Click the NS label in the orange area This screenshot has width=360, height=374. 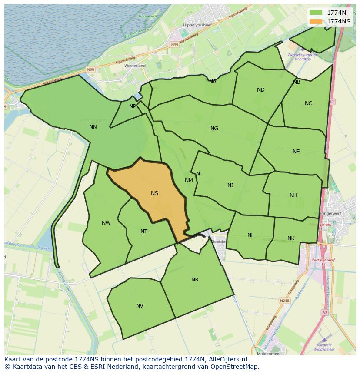[154, 193]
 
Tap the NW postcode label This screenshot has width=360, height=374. [106, 223]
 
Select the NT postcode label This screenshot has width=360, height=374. [144, 232]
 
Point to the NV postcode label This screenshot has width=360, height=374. [140, 306]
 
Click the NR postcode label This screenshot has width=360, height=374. [195, 280]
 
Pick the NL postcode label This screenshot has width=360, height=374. [251, 235]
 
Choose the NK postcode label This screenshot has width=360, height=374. [291, 238]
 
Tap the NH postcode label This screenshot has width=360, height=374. [293, 195]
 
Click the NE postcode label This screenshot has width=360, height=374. [296, 152]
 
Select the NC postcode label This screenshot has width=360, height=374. [308, 103]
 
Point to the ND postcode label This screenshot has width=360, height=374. [261, 90]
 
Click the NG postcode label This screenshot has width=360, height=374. [214, 129]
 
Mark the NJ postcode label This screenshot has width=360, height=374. [230, 185]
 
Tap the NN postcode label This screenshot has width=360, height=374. [93, 127]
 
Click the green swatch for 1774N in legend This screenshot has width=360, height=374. [316, 13]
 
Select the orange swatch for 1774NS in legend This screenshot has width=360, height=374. [316, 21]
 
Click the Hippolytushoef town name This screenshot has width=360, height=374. [197, 25]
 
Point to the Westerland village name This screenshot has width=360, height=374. [135, 66]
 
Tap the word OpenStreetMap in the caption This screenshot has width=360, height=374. [235, 367]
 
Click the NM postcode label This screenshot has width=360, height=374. [189, 180]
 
